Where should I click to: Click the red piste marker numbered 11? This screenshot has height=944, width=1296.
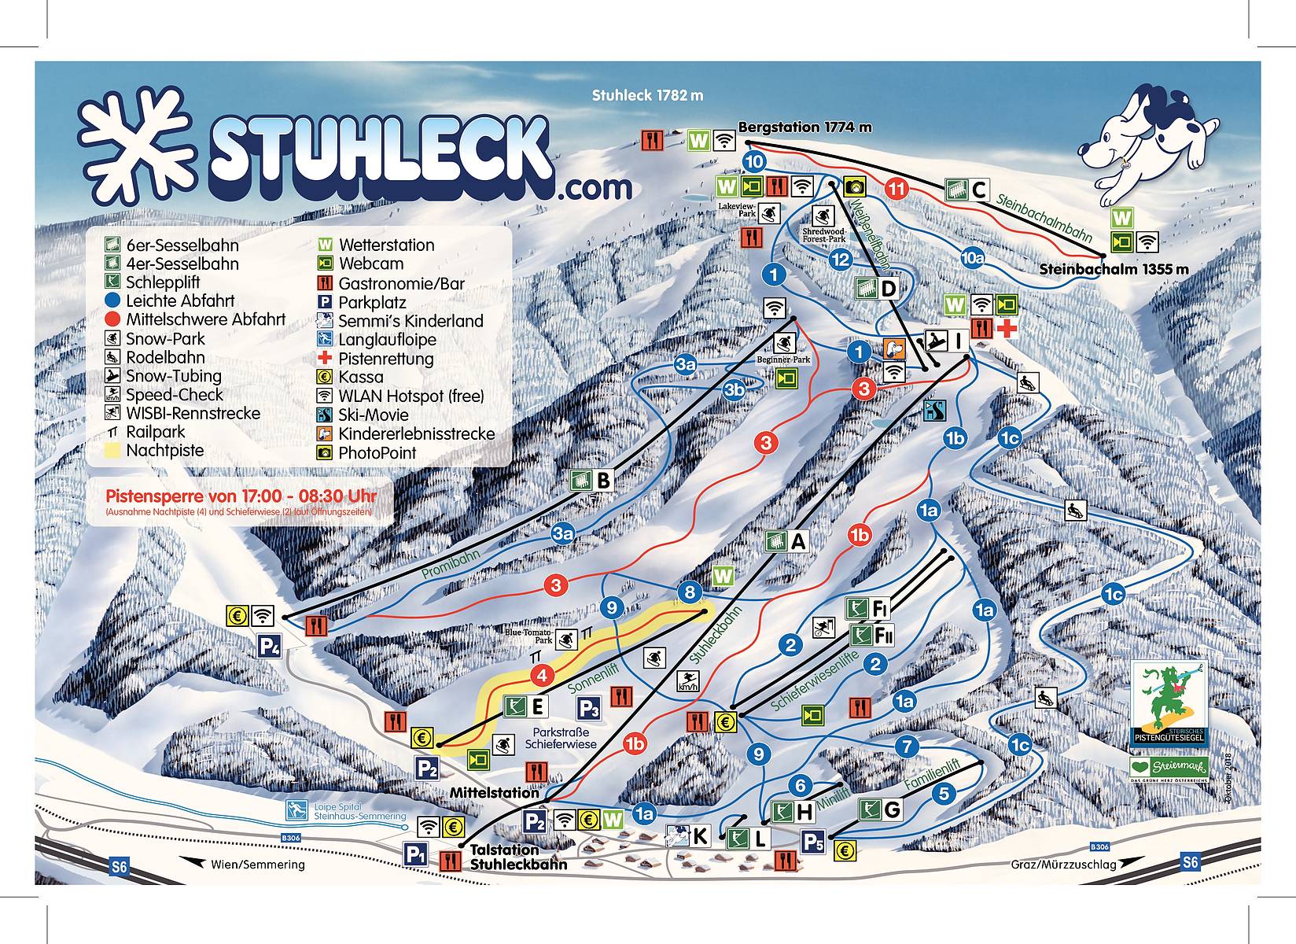point(897,189)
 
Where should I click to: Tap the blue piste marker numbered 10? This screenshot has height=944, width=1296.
point(754,162)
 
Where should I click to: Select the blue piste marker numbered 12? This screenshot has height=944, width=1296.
point(841,260)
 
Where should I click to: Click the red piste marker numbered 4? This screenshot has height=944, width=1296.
point(541,675)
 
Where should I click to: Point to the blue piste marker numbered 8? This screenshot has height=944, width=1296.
point(690,592)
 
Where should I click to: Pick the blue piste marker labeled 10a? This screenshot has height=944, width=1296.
point(973,257)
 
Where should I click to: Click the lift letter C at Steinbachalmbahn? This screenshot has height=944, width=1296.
point(978,190)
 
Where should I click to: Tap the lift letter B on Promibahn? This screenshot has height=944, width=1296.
point(603,480)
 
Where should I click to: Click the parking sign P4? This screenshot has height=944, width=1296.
point(270,647)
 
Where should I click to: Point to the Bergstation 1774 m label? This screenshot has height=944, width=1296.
point(804,127)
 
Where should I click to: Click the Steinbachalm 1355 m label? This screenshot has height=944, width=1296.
point(1113,270)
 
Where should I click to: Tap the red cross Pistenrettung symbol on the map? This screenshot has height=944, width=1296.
point(1007,328)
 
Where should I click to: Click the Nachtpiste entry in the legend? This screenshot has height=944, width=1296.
point(164,451)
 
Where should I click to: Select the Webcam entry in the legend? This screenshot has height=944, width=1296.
point(370,264)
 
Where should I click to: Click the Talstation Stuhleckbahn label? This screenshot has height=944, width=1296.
point(517,857)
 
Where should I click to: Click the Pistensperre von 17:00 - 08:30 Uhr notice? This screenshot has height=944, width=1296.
point(241,496)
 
